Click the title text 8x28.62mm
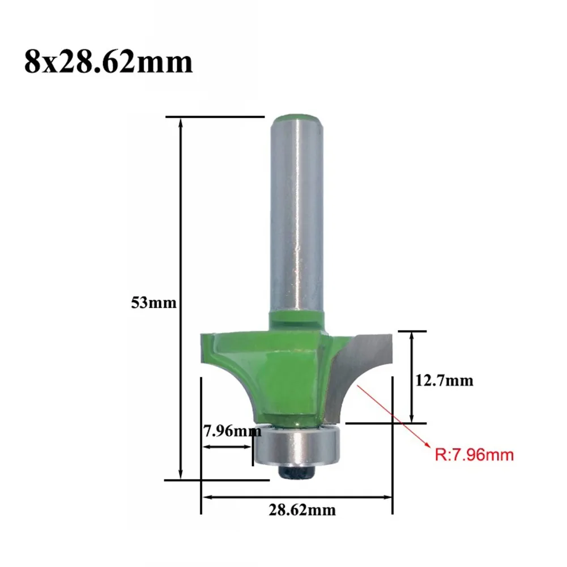[108, 62]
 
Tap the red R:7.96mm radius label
[474, 454]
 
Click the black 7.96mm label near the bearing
[232, 431]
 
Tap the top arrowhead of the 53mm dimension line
[181, 122]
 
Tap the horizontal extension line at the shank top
[215, 117]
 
